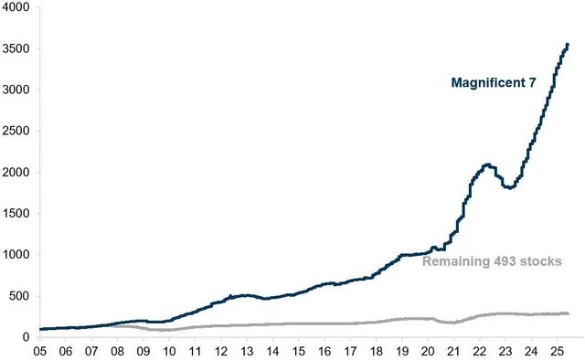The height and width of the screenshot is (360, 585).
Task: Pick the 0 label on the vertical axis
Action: pos(27,337)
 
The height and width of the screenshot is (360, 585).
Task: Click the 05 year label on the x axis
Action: pos(40,350)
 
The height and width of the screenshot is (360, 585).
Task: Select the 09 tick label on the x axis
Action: pos(144,350)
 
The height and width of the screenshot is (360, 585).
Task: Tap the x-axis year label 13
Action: pos(247,350)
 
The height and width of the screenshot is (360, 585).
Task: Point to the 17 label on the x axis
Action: pos(350,350)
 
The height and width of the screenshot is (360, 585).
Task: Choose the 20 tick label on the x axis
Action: pos(428,350)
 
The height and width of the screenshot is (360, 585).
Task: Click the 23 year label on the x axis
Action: pos(505,350)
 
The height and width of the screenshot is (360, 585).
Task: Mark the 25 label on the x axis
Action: pos(557,350)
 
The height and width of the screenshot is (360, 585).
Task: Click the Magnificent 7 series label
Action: pos(493,82)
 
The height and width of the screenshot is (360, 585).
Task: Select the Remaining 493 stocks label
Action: pos(492,260)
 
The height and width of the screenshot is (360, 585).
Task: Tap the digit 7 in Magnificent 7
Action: pos(530,82)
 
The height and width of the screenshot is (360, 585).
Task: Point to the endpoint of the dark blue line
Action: pos(568,44)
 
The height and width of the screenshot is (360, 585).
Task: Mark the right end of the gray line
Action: pos(568,313)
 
